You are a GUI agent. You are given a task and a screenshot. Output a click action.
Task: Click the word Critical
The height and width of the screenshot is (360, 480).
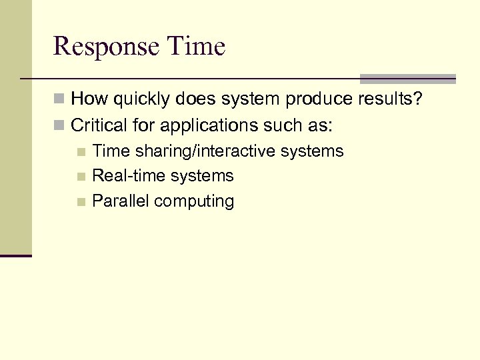pos(94,125)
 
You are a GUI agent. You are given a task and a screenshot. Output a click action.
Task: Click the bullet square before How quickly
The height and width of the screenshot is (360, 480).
pos(60,100)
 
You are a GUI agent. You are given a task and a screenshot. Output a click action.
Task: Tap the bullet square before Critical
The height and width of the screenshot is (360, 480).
pos(60,125)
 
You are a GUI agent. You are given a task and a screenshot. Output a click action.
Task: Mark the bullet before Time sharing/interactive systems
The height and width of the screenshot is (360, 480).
pos(81,152)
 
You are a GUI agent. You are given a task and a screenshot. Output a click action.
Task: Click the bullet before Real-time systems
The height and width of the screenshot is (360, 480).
pos(81,177)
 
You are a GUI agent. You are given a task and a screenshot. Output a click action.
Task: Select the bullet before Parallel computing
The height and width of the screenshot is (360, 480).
pos(81,202)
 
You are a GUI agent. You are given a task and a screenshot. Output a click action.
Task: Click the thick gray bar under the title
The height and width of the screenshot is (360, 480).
pos(407,78)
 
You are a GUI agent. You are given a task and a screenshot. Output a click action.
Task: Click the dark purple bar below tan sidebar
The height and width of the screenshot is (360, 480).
pos(15,255)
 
